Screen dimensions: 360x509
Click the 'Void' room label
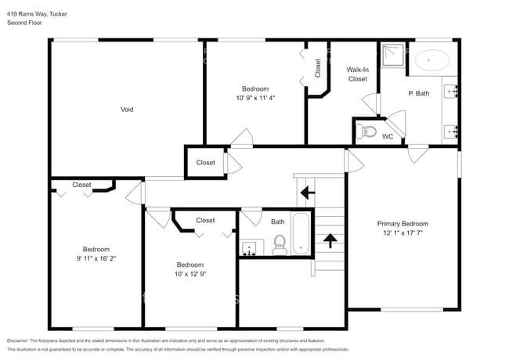pos(126,109)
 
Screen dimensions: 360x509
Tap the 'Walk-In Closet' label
pos(357,74)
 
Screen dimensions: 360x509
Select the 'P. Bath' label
pos(419,93)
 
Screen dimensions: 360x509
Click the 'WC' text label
pos(387,137)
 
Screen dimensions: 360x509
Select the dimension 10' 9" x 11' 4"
pos(255,98)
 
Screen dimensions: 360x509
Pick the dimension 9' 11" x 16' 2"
pos(97,257)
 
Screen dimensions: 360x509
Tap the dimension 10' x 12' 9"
pos(190,274)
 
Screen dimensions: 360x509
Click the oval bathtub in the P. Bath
pos(431,59)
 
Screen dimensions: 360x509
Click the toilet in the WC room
pos(366,131)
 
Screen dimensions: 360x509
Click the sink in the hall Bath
pos(250,249)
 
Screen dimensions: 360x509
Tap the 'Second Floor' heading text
pos(25,23)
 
